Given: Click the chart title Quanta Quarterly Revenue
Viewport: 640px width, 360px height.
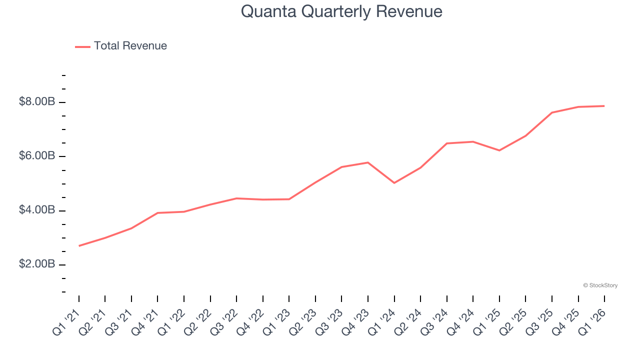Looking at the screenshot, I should tap(341, 11).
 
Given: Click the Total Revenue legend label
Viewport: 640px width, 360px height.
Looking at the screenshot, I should tap(130, 46).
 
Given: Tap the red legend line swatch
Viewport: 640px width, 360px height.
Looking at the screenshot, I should tap(82, 46).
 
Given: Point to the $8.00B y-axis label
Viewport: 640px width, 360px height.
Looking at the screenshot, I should tap(37, 102).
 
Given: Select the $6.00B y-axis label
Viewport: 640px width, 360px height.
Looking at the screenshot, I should tap(37, 156).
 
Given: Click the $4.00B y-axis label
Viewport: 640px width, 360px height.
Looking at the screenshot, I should tap(37, 210).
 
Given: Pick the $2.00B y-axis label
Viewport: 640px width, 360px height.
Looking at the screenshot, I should tap(37, 264).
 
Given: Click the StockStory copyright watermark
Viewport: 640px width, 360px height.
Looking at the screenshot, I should tap(600, 285).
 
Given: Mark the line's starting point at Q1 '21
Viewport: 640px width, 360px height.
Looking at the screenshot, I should tap(79, 246).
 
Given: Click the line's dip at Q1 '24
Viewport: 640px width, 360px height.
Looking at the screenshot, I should tap(394, 183).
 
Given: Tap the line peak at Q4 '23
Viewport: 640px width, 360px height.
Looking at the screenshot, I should tap(368, 162).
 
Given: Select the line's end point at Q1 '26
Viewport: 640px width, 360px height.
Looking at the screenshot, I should tap(604, 106).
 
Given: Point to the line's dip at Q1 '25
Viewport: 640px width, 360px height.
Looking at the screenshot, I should tap(499, 150).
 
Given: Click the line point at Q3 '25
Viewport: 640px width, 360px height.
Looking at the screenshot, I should tap(552, 112).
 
